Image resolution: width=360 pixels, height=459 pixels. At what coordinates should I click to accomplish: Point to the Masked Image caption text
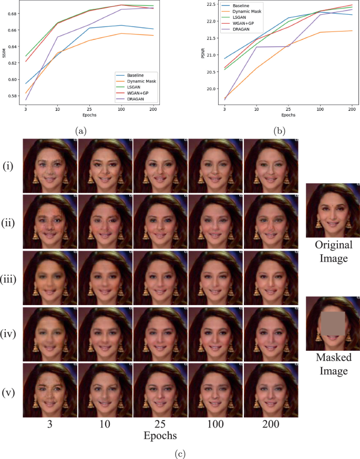point(333,364)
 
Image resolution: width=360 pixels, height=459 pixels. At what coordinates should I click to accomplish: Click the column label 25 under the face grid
point(160,424)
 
